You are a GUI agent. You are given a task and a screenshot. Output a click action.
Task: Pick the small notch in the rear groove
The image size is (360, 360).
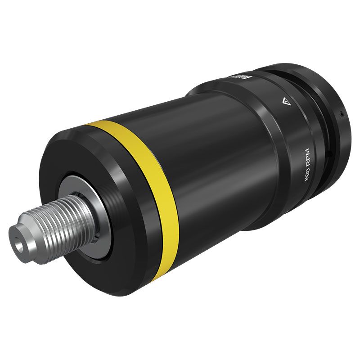point(331,155)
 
